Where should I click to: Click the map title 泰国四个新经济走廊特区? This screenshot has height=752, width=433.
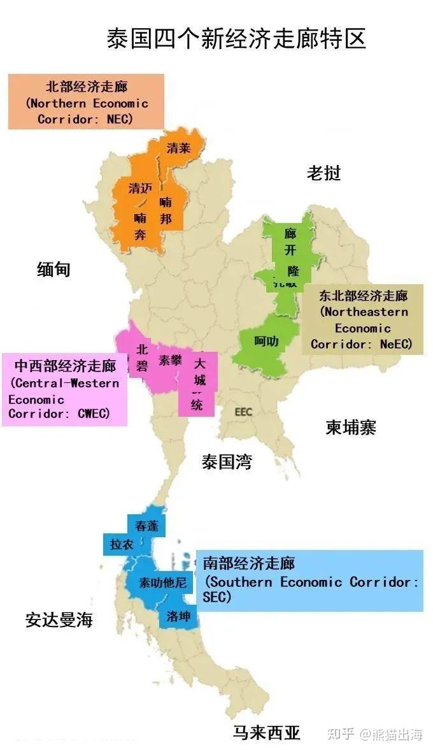point(236,38)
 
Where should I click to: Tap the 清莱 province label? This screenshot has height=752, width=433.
point(178,148)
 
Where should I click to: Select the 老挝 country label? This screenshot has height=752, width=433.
point(323,173)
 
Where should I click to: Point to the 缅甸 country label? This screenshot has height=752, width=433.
point(53,270)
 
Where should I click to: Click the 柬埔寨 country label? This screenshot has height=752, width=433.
point(351,427)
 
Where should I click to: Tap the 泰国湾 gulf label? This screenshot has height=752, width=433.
point(227,462)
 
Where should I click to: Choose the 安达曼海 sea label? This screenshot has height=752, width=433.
point(59,619)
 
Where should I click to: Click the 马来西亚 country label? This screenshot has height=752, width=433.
point(266,732)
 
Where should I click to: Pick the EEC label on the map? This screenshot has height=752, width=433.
point(243,412)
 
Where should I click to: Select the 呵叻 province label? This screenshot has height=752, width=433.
point(266,342)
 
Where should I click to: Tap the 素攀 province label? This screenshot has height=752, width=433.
point(170,359)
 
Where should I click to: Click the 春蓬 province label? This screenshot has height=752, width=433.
point(146,526)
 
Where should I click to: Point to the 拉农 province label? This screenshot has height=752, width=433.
point(122,544)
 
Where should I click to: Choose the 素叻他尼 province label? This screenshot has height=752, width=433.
point(163,582)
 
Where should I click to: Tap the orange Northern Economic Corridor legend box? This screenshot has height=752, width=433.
point(86,101)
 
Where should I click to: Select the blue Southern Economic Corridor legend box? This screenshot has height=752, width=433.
point(309,581)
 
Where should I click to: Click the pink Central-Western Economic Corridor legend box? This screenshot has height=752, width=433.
point(64,389)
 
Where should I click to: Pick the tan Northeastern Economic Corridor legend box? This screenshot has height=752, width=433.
point(362,320)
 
